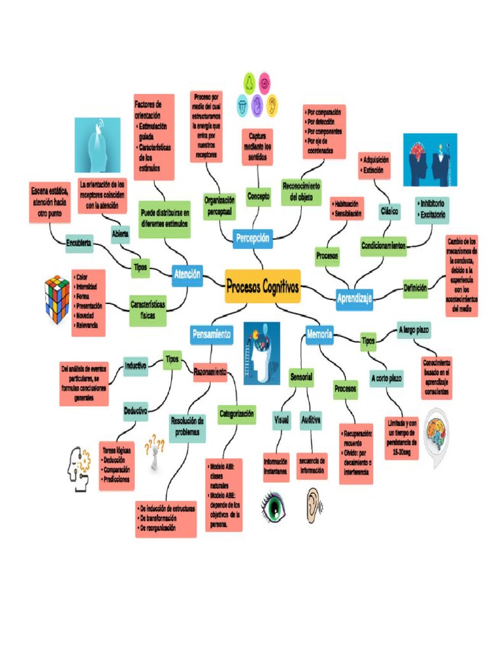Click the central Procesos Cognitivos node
(262, 287)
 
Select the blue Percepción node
(253, 239)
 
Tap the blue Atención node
(187, 275)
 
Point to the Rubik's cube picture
(57, 299)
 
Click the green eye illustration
(274, 506)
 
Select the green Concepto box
(259, 196)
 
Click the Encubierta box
(79, 243)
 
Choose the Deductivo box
(135, 411)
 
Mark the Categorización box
(236, 414)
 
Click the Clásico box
(390, 211)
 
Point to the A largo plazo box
(414, 330)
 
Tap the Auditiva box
(311, 420)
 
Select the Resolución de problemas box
(187, 426)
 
